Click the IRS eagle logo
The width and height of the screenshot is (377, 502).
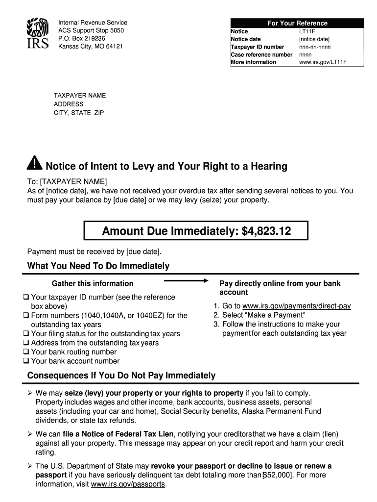[37, 33]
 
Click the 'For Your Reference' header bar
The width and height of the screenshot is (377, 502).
[297, 23]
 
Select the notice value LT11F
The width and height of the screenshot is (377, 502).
[307, 31]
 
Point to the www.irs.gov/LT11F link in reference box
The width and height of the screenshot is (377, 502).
[323, 62]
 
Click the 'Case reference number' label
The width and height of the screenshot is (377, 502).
[261, 54]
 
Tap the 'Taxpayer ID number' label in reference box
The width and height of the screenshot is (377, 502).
[258, 47]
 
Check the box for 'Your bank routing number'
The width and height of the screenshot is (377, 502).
[25, 352]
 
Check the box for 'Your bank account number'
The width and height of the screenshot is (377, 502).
[25, 361]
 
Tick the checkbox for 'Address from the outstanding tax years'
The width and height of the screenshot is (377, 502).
[25, 343]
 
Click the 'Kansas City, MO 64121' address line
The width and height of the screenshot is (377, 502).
[91, 46]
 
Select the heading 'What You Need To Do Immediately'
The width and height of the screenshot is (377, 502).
[98, 266]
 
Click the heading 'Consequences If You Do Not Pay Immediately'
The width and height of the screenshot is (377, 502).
[121, 376]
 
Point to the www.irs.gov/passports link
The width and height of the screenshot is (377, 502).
[129, 484]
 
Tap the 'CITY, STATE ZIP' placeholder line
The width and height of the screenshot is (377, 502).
[79, 113]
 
